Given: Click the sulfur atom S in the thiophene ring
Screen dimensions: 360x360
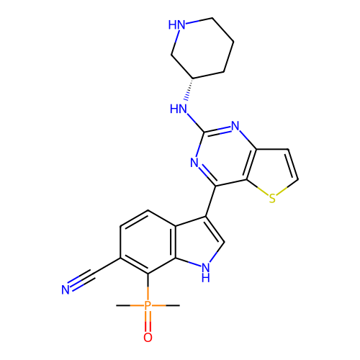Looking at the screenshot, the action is click(x=272, y=199).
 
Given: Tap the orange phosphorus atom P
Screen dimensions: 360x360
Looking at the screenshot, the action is click(x=148, y=305).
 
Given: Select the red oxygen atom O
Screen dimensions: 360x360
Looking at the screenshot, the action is click(x=148, y=337).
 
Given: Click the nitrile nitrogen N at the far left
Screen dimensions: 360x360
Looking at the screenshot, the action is click(x=66, y=289).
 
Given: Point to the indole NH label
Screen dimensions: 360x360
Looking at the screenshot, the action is click(x=206, y=272).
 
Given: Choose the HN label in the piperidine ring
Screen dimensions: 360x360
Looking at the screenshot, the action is click(x=177, y=24).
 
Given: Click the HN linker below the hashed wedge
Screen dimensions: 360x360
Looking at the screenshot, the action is click(x=179, y=109).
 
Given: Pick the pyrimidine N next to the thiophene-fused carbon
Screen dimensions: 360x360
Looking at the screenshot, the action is click(x=235, y=125).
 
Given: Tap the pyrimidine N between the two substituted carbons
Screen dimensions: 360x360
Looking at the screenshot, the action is click(x=194, y=163).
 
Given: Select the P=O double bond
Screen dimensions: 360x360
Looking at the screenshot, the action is click(x=148, y=322).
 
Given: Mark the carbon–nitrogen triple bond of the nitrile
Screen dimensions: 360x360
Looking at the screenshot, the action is click(x=81, y=280).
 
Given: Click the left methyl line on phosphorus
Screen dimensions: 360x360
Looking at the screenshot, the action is click(x=130, y=305).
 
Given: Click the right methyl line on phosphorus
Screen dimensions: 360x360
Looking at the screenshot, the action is click(x=166, y=305).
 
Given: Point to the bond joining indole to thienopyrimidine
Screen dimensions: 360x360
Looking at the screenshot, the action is click(x=210, y=201).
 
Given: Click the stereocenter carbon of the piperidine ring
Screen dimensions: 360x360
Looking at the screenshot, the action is click(x=193, y=78).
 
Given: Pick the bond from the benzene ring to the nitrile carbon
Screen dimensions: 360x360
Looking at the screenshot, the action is click(x=106, y=266).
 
